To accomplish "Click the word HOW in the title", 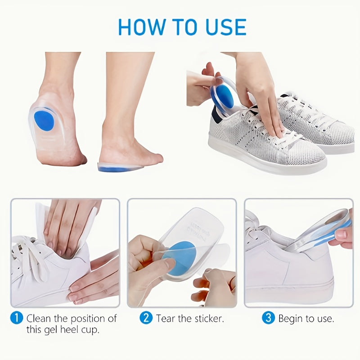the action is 142,27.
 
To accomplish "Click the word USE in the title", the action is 226,27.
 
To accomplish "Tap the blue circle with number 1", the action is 17,318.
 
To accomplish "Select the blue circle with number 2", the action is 146,318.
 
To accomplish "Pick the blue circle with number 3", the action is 268,318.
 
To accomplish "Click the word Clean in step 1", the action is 39,319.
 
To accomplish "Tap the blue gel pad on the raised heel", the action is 44,120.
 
